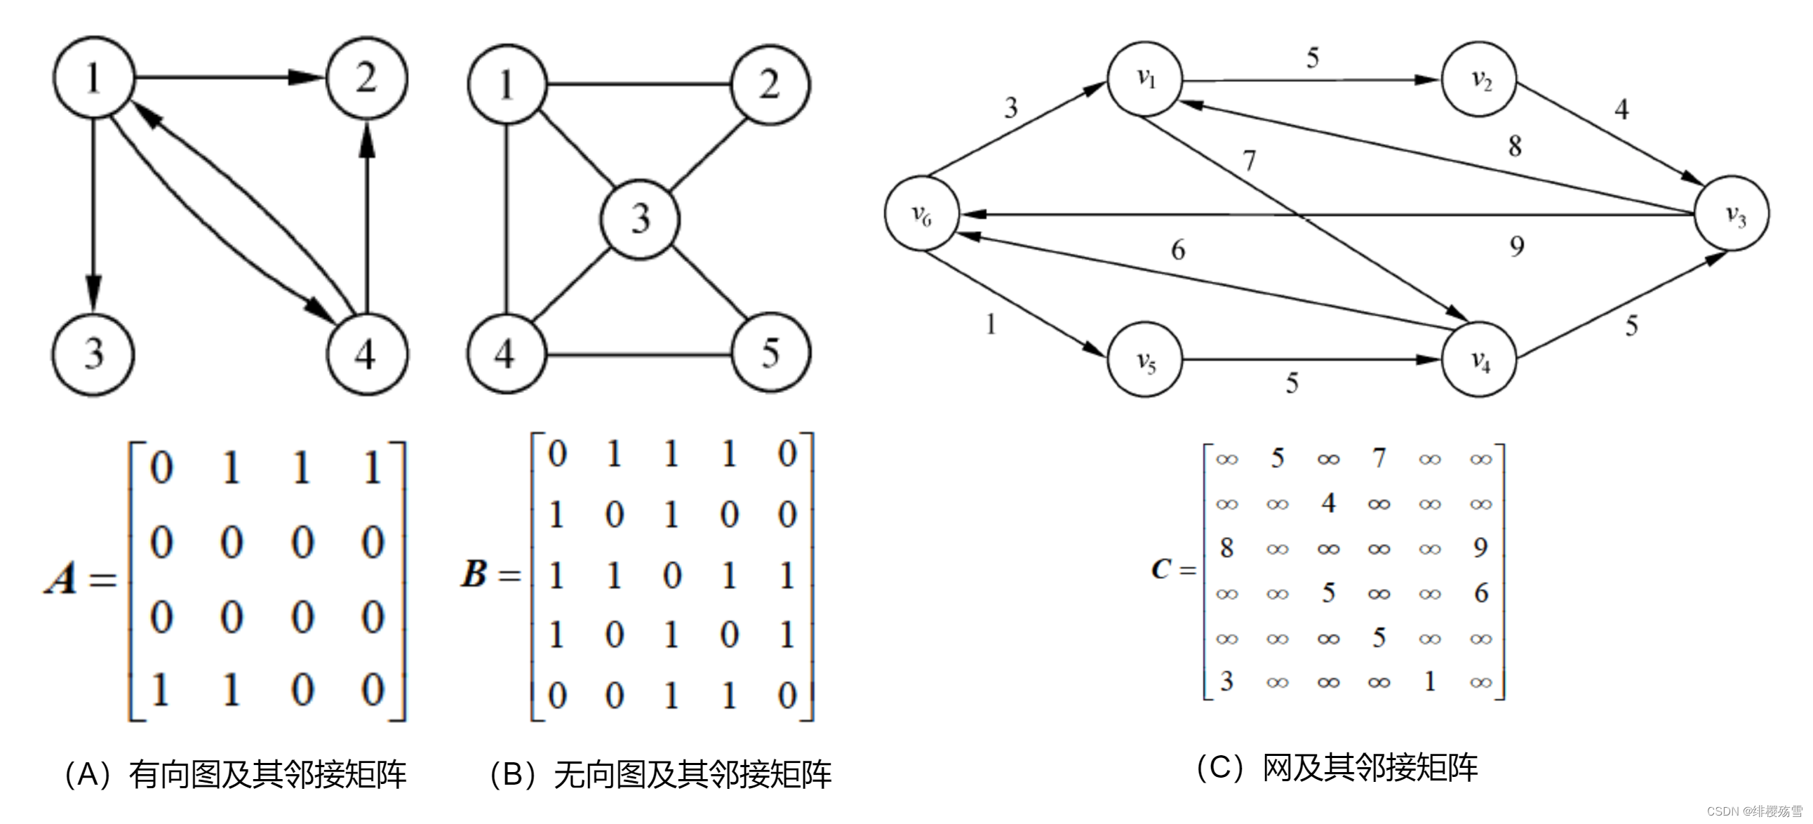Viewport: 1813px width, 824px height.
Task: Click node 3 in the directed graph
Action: (x=93, y=354)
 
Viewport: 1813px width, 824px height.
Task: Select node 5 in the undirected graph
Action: (x=770, y=352)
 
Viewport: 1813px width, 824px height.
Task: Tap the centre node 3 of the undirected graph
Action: (x=640, y=219)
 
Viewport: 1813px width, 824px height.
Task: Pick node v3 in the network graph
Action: (x=1732, y=213)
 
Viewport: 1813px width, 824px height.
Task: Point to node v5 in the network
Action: (x=1145, y=361)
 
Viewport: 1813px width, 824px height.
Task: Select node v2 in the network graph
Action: (x=1479, y=79)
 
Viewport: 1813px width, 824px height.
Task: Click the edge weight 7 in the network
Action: (x=1249, y=161)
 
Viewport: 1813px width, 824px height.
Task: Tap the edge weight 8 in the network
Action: (x=1515, y=147)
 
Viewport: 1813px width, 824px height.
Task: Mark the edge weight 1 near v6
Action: (x=991, y=324)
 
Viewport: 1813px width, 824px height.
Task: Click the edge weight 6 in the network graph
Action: (x=1178, y=250)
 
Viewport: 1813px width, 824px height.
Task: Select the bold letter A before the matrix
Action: (x=61, y=579)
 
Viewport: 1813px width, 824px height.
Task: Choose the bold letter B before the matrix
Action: (x=474, y=573)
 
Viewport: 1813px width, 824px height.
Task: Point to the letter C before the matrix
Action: (x=1160, y=569)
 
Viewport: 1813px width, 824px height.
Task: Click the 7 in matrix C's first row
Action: (x=1379, y=458)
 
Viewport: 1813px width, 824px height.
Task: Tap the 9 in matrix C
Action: (x=1480, y=547)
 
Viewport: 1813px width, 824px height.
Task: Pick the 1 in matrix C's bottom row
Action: (x=1429, y=681)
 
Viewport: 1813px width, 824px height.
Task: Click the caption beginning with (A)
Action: (x=235, y=774)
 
